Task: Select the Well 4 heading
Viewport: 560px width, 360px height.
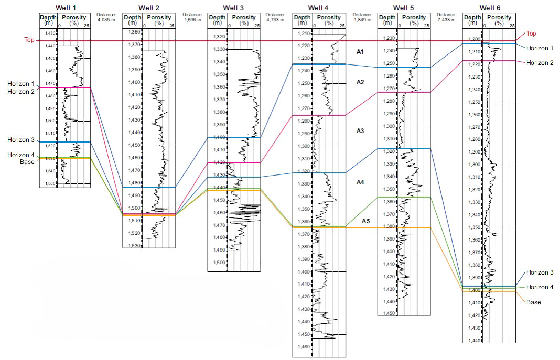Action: tap(319, 7)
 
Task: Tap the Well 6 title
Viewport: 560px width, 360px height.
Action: tap(490, 7)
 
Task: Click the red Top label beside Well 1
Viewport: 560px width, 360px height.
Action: tap(29, 40)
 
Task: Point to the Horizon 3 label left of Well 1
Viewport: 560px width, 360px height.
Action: tap(21, 140)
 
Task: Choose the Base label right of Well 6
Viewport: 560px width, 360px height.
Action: tap(533, 302)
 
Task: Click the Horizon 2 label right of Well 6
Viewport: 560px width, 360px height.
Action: tap(540, 63)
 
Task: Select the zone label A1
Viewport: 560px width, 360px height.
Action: tap(360, 52)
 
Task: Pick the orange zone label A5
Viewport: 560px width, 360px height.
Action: tap(366, 221)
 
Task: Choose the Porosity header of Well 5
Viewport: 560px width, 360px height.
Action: tap(415, 17)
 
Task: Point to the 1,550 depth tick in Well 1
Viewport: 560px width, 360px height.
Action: tap(50, 184)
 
